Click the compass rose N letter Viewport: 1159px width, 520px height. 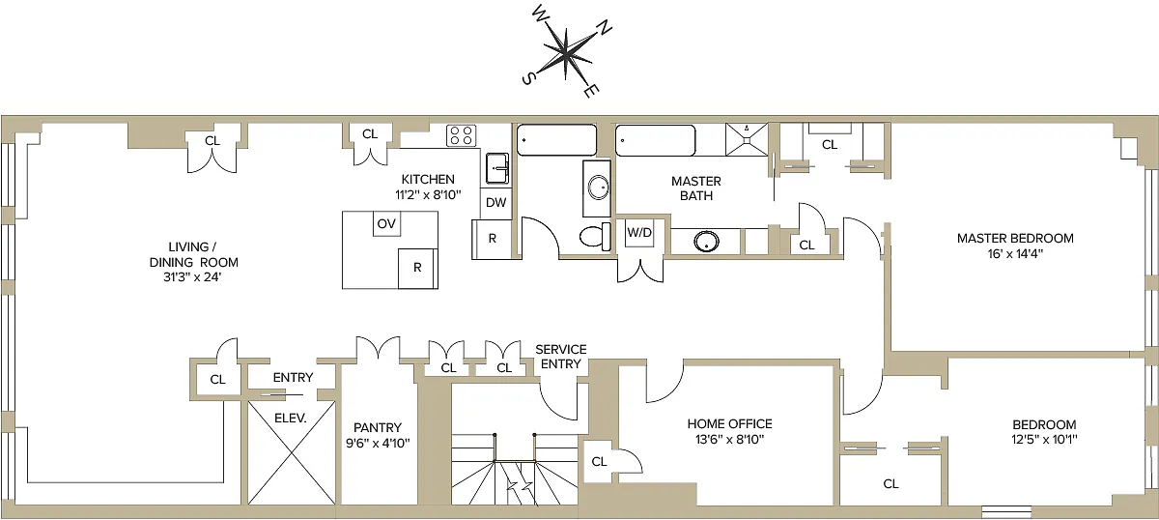click(605, 28)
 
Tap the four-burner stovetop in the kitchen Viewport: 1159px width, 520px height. click(461, 135)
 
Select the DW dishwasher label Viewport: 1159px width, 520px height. click(495, 203)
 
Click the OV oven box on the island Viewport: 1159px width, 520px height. click(386, 223)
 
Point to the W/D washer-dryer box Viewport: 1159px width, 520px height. click(639, 233)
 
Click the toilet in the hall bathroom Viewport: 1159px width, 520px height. click(595, 237)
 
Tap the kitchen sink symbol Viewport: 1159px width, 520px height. click(497, 168)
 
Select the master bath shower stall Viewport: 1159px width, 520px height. click(747, 139)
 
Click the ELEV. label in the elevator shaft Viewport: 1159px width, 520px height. click(291, 418)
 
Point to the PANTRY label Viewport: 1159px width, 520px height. click(378, 428)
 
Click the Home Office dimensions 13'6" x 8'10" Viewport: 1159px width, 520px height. click(729, 440)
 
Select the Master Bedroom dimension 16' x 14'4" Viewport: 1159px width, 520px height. click(1015, 254)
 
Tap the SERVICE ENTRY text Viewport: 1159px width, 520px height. click(561, 357)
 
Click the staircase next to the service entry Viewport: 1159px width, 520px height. click(514, 469)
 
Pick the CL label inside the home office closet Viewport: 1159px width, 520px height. click(599, 461)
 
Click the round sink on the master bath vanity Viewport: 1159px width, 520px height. click(706, 242)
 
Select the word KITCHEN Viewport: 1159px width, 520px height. click(428, 180)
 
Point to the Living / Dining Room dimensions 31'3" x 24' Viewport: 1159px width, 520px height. click(192, 277)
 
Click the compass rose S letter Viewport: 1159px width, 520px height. click(527, 78)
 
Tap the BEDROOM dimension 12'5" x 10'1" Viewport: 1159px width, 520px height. click(1044, 440)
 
